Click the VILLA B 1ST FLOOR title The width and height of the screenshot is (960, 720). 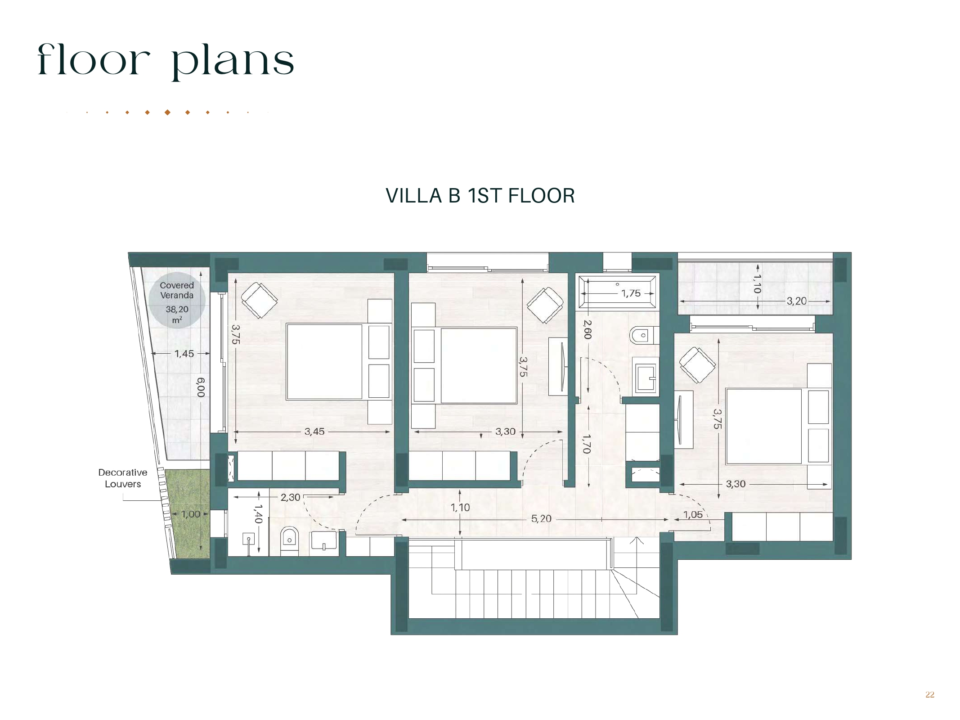click(480, 196)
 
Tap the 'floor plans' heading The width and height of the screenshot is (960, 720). click(166, 61)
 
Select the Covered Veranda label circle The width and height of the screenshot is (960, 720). click(177, 300)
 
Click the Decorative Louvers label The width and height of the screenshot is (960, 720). click(123, 478)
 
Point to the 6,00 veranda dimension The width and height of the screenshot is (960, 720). click(201, 387)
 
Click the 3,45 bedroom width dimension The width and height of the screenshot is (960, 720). click(314, 432)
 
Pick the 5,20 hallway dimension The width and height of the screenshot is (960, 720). click(541, 519)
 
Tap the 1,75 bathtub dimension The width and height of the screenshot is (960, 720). click(631, 293)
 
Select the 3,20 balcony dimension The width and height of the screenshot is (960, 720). click(796, 301)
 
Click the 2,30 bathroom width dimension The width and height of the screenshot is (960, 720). click(290, 497)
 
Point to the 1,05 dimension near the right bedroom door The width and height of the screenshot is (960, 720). click(693, 514)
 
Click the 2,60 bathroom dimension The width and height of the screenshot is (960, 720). click(588, 329)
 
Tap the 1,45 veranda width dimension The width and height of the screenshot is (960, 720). click(184, 354)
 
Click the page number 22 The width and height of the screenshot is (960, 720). click(930, 695)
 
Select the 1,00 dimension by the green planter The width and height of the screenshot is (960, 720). click(191, 514)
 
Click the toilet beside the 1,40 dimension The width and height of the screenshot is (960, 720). click(289, 541)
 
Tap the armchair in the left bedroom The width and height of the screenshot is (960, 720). click(259, 300)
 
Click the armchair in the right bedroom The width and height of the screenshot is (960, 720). click(697, 365)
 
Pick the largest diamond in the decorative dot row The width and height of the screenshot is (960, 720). click(167, 112)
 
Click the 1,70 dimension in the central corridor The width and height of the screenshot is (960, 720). click(586, 444)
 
